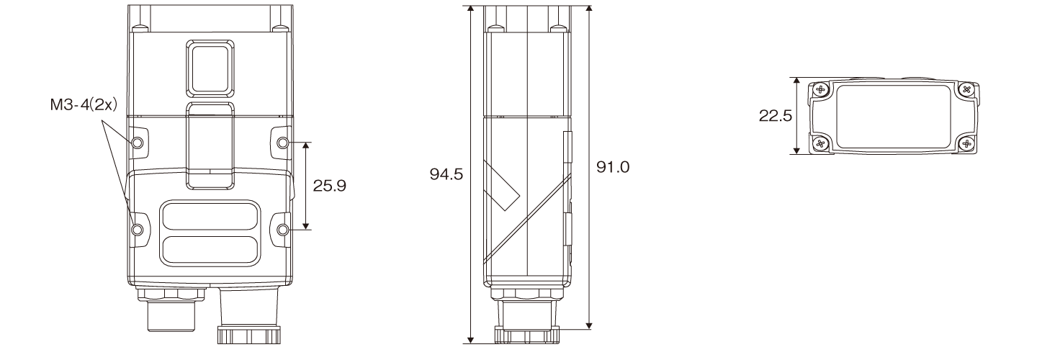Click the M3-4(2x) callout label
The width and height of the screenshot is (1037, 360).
click(x=84, y=105)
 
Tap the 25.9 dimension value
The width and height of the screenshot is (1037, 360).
click(x=330, y=186)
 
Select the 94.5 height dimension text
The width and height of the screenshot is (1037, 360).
click(x=446, y=174)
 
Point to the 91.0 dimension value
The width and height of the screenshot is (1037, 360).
click(x=612, y=166)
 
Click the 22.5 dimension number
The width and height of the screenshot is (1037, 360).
click(x=776, y=116)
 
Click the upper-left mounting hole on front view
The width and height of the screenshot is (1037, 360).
click(x=138, y=143)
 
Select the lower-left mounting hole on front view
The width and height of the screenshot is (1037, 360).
click(x=138, y=230)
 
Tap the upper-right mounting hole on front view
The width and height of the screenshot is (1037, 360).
click(x=283, y=143)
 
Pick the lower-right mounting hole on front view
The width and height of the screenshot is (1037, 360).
click(x=283, y=230)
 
